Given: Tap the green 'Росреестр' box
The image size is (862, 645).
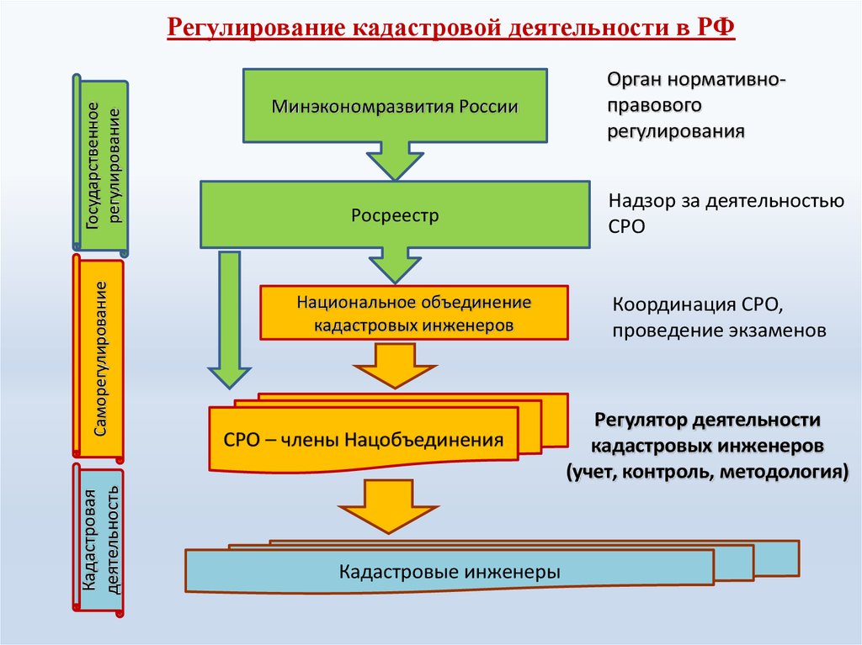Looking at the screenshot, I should (x=394, y=215).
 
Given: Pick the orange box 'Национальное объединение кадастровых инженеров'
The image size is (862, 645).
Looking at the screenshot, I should (x=413, y=312).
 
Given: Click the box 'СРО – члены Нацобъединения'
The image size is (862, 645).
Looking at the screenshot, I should (x=364, y=438).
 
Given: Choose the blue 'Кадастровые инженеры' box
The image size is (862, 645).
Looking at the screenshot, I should (x=450, y=573).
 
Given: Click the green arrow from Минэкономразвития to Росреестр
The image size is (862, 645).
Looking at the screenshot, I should (x=393, y=158).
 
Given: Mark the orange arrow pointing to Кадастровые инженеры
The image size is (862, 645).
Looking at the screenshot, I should (x=388, y=505).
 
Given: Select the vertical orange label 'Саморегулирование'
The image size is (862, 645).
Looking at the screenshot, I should (x=99, y=359).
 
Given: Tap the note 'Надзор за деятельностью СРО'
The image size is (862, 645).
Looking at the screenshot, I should (x=725, y=214).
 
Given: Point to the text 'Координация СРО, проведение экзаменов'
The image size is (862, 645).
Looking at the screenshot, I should (x=719, y=316).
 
